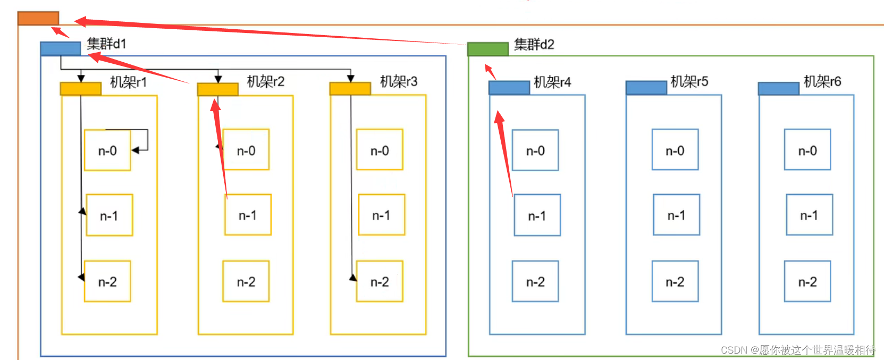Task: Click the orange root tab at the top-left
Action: pos(38,18)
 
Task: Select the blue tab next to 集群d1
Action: pos(60,49)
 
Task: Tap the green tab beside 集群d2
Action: pos(487,49)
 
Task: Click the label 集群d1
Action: pos(106,44)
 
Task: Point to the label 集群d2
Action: pos(534,45)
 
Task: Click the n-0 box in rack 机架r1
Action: pos(107,150)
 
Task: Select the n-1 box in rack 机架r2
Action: pos(248,215)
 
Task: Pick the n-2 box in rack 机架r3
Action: pos(380,281)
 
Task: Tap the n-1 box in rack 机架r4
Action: pos(537,215)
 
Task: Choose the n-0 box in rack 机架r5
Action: pos(675,150)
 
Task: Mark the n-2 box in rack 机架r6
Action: pos(807,281)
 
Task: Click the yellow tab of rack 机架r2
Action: pos(217,89)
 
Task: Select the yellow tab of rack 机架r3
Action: pos(350,89)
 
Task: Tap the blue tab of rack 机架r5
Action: pos(646,88)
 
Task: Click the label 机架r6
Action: pos(822,81)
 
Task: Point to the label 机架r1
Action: pos(128,82)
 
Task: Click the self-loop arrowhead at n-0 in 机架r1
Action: pos(135,150)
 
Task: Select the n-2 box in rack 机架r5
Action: pos(675,281)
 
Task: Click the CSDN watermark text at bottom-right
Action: pos(797,350)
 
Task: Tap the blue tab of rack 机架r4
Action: pos(509,88)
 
